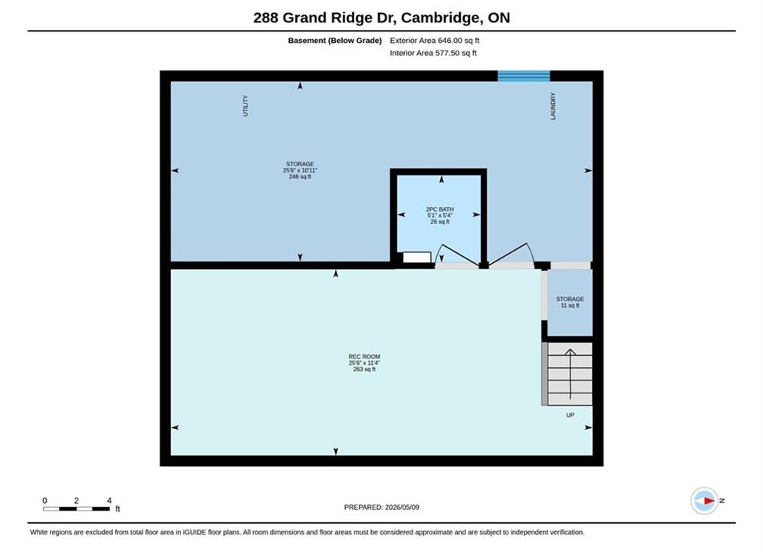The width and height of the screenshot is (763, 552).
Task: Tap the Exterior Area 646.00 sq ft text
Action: [435, 41]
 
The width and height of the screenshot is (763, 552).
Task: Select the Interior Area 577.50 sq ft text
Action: [433, 53]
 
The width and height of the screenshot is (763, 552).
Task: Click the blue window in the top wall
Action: [524, 76]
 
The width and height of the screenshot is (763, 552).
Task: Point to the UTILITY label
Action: [245, 106]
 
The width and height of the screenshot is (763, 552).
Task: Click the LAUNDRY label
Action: [553, 106]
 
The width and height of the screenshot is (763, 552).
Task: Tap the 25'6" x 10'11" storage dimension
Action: [300, 170]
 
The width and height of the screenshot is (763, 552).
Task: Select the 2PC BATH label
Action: [440, 209]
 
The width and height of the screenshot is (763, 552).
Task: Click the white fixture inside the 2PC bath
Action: [417, 258]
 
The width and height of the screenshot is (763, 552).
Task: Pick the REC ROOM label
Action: [364, 356]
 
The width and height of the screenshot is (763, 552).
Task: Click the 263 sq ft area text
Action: [364, 369]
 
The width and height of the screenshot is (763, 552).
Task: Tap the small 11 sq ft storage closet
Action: [570, 303]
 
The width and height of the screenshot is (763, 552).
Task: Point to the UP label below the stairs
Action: [571, 415]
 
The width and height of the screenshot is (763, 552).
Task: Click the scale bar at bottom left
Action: [77, 509]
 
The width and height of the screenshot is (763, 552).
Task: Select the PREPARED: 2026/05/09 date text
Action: [382, 508]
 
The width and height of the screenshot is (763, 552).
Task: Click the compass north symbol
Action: [705, 501]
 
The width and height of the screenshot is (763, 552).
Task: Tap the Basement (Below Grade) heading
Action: [335, 41]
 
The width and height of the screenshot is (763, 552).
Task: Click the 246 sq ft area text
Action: [300, 176]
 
